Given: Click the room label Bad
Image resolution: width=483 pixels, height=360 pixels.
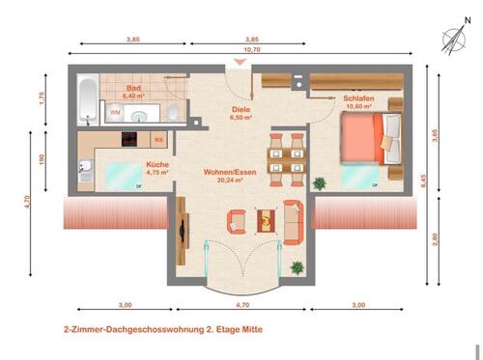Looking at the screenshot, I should click(133, 89).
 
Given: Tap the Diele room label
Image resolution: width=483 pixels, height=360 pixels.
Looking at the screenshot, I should click(241, 109).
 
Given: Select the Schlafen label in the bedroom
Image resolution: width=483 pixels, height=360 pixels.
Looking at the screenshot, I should click(358, 97).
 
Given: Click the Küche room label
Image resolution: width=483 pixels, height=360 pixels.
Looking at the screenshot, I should click(156, 165).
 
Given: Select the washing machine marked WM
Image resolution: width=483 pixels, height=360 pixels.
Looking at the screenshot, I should click(115, 113).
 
